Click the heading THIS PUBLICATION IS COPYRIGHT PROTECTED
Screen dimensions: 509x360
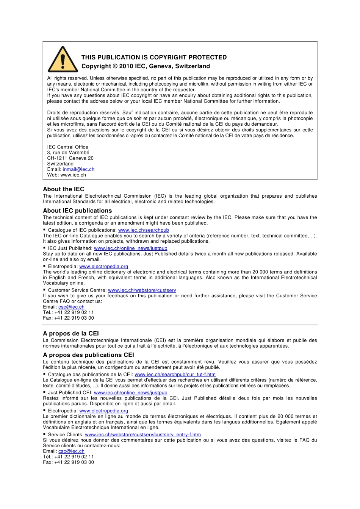click(154, 58)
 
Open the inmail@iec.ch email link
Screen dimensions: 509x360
click(78, 169)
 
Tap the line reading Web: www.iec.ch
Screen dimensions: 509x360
click(66, 175)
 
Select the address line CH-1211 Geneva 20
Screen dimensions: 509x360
click(70, 158)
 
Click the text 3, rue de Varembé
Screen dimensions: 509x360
click(68, 153)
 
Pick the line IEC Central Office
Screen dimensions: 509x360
click(67, 147)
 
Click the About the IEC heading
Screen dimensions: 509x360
click(64, 189)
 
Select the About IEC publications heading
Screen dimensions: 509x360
click(77, 211)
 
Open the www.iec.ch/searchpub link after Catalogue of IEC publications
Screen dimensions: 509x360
click(144, 230)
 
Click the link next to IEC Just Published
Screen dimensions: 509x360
click(130, 248)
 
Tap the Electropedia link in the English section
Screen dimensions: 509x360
click(103, 267)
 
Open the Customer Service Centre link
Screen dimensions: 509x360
click(142, 290)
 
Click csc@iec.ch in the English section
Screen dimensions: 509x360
click(71, 307)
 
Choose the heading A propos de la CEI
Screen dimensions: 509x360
click(71, 334)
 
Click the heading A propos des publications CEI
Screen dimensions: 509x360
click(88, 355)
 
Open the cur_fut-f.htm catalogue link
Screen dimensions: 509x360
click(175, 375)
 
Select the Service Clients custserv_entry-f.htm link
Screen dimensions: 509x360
click(143, 435)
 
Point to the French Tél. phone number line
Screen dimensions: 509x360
click(68, 457)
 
